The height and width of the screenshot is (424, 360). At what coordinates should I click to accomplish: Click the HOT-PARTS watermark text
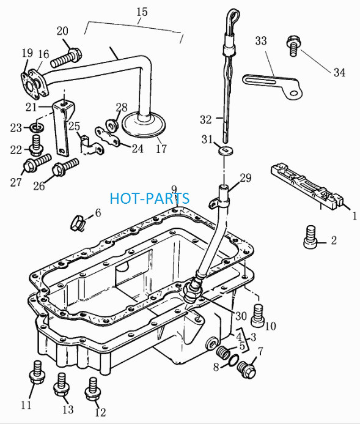150,198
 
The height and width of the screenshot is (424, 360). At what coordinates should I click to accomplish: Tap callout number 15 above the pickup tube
142,12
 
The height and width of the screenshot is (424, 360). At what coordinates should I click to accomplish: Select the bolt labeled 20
65,58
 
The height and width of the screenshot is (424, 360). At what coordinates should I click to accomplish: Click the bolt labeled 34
293,45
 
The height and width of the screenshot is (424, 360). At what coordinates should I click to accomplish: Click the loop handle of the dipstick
233,18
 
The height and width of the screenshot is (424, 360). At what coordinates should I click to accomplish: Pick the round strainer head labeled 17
144,125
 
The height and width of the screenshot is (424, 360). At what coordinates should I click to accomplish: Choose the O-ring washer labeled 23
37,127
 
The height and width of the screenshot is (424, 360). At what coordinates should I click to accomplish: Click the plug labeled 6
78,223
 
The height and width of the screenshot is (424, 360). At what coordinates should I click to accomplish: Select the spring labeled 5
223,352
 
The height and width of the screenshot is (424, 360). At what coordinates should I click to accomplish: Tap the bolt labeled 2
310,236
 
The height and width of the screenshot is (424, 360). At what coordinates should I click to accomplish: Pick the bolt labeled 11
37,373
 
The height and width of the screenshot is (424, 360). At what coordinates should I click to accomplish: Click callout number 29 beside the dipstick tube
246,178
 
